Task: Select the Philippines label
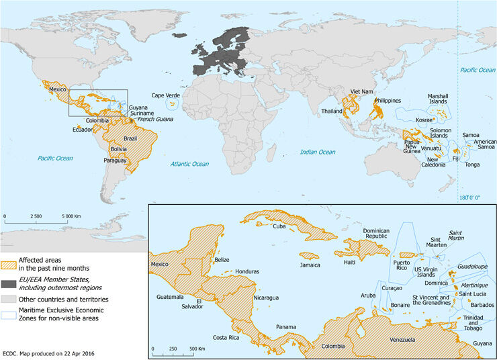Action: click(388, 101)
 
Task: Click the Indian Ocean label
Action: click(317, 152)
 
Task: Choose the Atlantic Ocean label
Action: click(189, 164)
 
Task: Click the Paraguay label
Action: click(116, 161)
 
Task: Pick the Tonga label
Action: click(473, 164)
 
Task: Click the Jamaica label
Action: click(310, 265)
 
